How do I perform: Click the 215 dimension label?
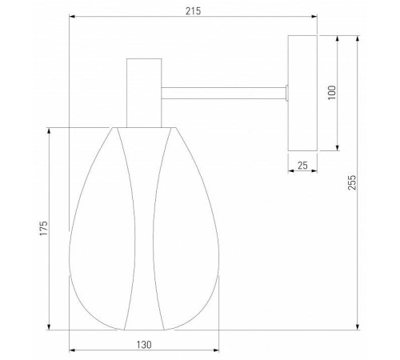(x=193, y=11)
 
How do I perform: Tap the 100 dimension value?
(x=332, y=93)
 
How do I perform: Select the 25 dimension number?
(x=302, y=166)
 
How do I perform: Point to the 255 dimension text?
(x=352, y=182)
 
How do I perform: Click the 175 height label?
(x=44, y=228)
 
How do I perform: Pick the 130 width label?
(x=144, y=345)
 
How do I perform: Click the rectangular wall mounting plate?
(x=302, y=93)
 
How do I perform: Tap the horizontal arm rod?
(x=223, y=93)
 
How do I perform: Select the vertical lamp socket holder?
(x=144, y=93)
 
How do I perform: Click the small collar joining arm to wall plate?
(x=286, y=93)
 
